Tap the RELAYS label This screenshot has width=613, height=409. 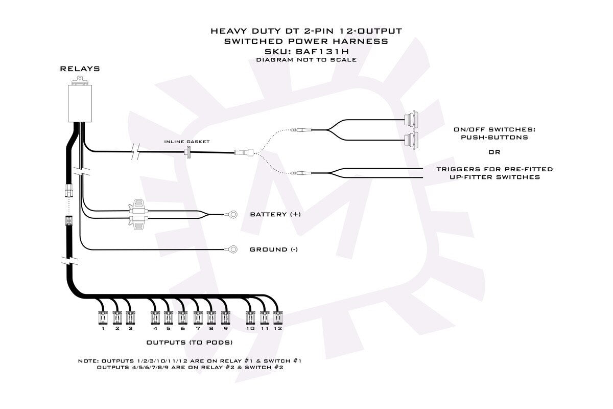pyautogui.click(x=80, y=69)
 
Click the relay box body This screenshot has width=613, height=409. pyautogui.click(x=80, y=103)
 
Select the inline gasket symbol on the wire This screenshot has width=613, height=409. pyautogui.click(x=188, y=152)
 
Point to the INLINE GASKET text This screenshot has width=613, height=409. pyautogui.click(x=187, y=142)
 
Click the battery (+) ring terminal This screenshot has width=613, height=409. pyautogui.click(x=233, y=214)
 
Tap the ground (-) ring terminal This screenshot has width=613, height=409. pyautogui.click(x=233, y=249)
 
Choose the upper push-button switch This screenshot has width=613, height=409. pyautogui.click(x=411, y=120)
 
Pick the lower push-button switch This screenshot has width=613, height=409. pyautogui.click(x=411, y=140)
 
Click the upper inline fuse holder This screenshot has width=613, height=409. pyautogui.click(x=138, y=208)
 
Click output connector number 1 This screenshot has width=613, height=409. pyautogui.click(x=103, y=318)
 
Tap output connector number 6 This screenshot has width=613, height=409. pyautogui.click(x=182, y=318)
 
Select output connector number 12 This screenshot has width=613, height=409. pyautogui.click(x=278, y=318)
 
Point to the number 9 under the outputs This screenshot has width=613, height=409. pyautogui.click(x=225, y=328)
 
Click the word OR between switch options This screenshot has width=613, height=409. pyautogui.click(x=494, y=152)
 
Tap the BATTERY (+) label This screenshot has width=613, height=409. pyautogui.click(x=275, y=214)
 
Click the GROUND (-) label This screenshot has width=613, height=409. pyautogui.click(x=274, y=249)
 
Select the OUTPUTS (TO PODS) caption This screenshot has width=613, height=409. pyautogui.click(x=190, y=343)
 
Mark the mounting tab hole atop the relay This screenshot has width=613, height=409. pyautogui.click(x=80, y=79)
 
